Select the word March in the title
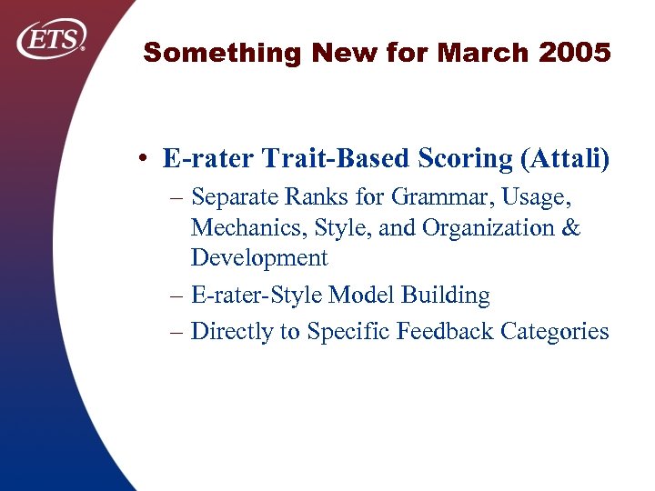coord(483,54)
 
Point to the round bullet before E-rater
coord(146,159)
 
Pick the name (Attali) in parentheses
coord(564,159)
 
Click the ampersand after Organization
coord(569,227)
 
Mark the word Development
coord(258,258)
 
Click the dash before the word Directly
coord(176,332)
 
